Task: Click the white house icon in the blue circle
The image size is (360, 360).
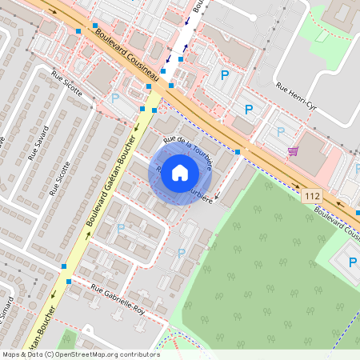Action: click(180, 172)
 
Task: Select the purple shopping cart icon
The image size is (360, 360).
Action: click(294, 150)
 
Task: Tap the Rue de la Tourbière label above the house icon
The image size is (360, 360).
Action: click(187, 153)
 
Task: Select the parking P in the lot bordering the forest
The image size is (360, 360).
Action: click(181, 254)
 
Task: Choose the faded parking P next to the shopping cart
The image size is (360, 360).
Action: click(280, 131)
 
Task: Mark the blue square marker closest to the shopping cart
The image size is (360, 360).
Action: click(238, 151)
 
